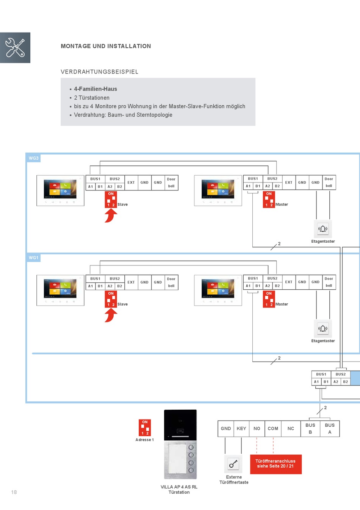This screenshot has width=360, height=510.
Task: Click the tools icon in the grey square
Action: [15, 48]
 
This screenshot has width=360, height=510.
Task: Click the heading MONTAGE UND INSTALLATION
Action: [106, 46]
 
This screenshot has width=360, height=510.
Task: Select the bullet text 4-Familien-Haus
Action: [95, 89]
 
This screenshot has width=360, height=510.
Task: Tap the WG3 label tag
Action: [34, 158]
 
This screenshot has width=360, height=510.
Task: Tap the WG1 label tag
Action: [34, 258]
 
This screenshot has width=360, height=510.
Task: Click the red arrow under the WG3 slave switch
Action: [111, 216]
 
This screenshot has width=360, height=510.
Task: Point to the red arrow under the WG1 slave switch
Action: [111, 315]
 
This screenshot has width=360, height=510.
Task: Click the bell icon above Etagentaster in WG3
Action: [323, 229]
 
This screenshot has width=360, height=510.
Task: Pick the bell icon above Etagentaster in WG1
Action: [323, 328]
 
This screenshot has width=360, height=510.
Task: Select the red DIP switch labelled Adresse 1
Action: [145, 428]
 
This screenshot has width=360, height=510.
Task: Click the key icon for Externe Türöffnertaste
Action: [233, 463]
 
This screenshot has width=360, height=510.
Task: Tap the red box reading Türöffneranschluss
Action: [275, 464]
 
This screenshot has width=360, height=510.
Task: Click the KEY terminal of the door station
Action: [241, 429]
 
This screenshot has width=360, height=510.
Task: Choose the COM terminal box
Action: [273, 429]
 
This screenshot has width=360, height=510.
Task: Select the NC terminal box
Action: [291, 429]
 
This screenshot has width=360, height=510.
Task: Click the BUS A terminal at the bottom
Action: [330, 429]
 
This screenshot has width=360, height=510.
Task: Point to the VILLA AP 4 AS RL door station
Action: [180, 444]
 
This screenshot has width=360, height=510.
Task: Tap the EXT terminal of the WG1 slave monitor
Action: [131, 282]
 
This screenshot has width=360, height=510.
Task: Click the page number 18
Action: [14, 492]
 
